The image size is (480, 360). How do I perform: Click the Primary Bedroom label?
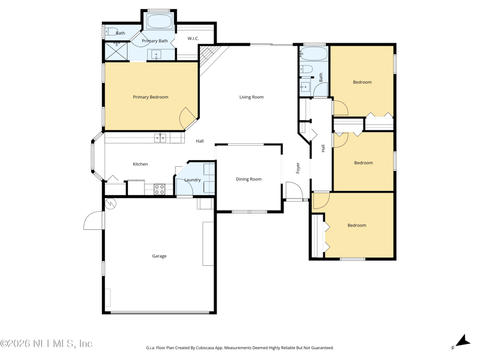pos(151,97)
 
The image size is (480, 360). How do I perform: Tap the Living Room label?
pos(251,97)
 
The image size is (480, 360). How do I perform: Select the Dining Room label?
pos(248,179)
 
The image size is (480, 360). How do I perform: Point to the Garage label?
pos(159,256)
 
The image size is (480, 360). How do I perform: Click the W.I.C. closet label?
pos(193,38)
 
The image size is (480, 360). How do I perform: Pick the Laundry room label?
pos(193,179)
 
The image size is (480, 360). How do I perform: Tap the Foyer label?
pos(298,168)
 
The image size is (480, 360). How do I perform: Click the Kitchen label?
pos(140,164)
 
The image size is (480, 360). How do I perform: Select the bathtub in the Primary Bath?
pos(158,22)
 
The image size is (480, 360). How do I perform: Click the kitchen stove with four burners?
pos(159,189)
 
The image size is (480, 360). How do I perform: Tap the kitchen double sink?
pos(160,138)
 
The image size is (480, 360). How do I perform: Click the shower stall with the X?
pos(116,52)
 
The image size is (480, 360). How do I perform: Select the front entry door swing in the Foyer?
pos(294,191)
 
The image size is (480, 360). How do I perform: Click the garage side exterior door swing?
pos(94,220)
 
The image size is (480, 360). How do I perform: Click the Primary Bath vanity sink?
pos(157,55)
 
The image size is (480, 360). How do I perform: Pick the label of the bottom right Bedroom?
pos(356,226)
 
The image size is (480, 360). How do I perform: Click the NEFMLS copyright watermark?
pos(46,343)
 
